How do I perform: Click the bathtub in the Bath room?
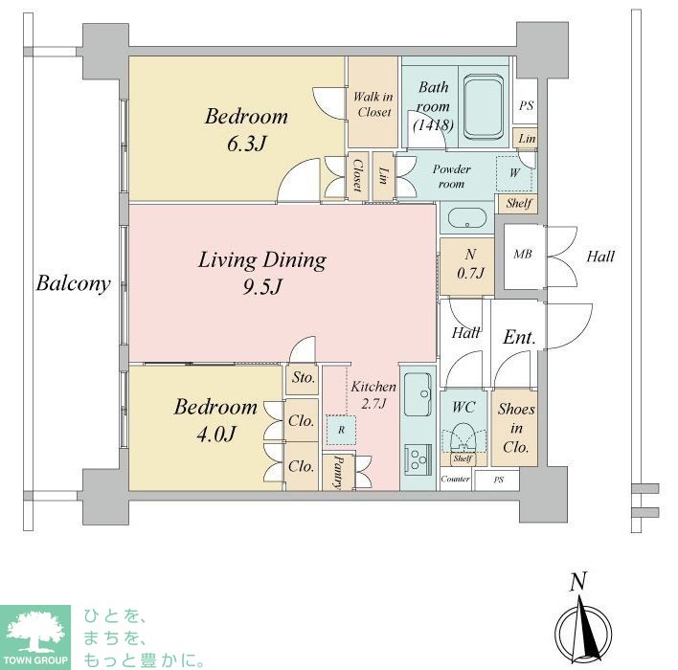(x=483, y=107)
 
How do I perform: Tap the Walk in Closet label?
(x=373, y=104)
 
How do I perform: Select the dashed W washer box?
(x=514, y=173)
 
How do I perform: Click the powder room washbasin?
(x=467, y=219)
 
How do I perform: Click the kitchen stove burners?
(x=418, y=460)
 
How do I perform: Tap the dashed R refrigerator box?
(x=341, y=430)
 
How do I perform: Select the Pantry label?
(x=338, y=472)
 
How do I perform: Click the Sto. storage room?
(x=303, y=379)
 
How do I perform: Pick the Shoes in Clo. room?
(x=515, y=428)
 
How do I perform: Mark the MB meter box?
(x=523, y=257)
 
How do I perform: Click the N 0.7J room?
(x=467, y=265)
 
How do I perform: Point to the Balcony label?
(x=73, y=284)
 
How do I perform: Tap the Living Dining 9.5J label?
(x=262, y=273)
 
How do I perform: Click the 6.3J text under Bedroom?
(x=246, y=144)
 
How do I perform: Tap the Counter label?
(x=455, y=479)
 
